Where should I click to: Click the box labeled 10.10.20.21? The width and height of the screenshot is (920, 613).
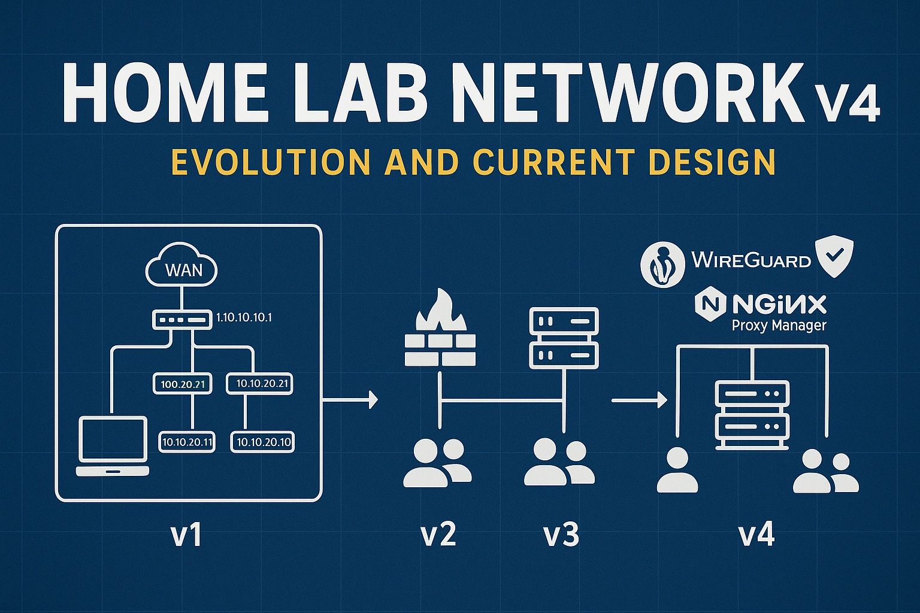259,384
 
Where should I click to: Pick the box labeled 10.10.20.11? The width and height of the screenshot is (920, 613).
187,442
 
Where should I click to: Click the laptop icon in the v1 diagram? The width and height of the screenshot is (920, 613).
112,446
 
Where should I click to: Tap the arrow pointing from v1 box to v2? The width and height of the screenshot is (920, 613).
350,399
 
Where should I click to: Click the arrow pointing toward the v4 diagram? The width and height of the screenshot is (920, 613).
639,399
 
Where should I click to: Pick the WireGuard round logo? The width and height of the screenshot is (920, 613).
662,262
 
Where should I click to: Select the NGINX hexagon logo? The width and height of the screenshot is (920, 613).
710,304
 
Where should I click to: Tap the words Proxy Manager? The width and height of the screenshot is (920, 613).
779,326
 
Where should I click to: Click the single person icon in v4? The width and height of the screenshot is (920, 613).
677,471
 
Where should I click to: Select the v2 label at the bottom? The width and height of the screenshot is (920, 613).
438,535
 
